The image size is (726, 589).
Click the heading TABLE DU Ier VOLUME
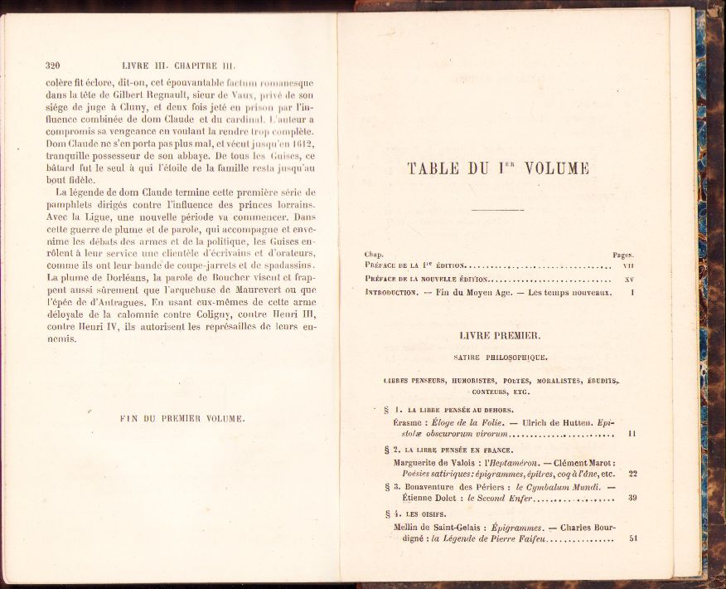coord(498,168)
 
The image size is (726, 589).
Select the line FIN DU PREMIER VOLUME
coord(182,419)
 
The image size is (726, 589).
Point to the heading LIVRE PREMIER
coord(499,335)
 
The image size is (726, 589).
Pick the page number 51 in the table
coord(632,538)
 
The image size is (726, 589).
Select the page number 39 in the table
coord(632,499)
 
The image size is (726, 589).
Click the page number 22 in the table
coord(632,474)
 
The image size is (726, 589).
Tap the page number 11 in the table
coord(632,433)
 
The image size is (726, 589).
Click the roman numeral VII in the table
coord(628,265)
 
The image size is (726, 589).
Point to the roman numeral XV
coord(629,280)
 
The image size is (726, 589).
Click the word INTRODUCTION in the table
coord(393,293)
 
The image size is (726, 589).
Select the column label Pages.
coord(623,255)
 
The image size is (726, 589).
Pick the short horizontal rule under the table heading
coord(497,210)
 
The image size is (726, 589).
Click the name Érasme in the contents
coord(410,422)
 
